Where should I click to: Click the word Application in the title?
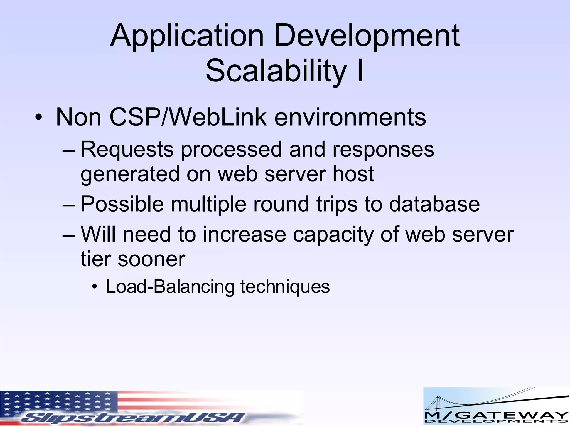tap(186, 36)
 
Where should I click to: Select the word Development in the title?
tap(367, 36)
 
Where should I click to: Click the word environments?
tap(350, 117)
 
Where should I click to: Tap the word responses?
tap(383, 150)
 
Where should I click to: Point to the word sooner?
tap(151, 259)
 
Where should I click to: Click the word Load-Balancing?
tap(170, 286)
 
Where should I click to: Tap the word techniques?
tap(285, 287)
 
